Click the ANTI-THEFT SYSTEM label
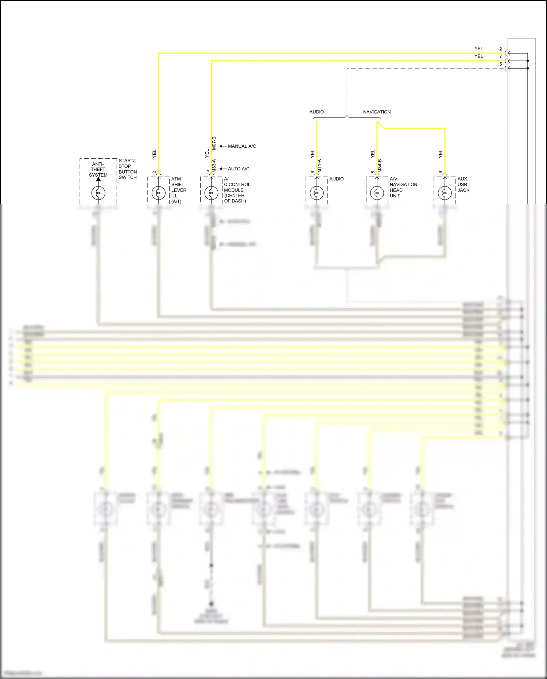click(98, 170)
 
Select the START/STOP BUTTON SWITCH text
click(128, 169)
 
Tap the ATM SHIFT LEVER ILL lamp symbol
click(159, 193)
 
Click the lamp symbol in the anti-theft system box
click(98, 193)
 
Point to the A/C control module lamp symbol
click(211, 193)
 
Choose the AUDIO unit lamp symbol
click(317, 193)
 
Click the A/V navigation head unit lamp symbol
click(377, 193)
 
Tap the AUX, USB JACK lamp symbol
click(445, 193)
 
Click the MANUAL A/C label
click(242, 146)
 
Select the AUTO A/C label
click(238, 169)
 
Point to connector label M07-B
click(214, 143)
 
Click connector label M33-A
click(214, 166)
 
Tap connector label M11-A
click(319, 166)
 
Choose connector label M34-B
click(380, 166)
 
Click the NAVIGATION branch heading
click(377, 112)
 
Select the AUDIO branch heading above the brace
click(317, 112)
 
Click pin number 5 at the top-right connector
click(501, 64)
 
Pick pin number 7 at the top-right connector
click(501, 57)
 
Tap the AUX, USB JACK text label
click(463, 184)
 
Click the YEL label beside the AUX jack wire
click(441, 154)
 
